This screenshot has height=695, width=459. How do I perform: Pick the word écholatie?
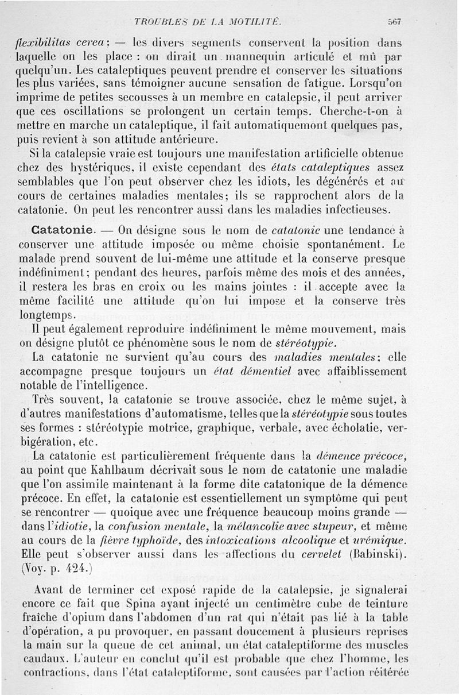click(360, 428)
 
